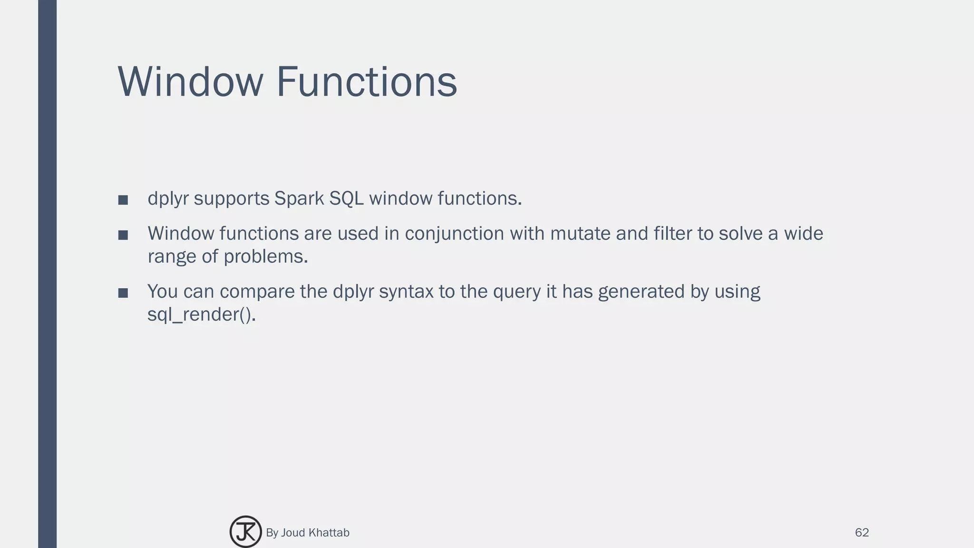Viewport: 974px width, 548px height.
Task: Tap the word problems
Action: point(266,257)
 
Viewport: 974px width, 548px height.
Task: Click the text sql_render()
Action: point(201,315)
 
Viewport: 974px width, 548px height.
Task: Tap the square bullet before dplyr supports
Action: point(123,200)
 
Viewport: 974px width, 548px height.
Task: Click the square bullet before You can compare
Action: point(123,293)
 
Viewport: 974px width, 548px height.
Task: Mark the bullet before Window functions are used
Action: point(123,235)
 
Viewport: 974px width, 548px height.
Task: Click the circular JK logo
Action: point(245,532)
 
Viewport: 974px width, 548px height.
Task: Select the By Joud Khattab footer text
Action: point(308,533)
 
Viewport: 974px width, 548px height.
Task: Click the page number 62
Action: point(862,533)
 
